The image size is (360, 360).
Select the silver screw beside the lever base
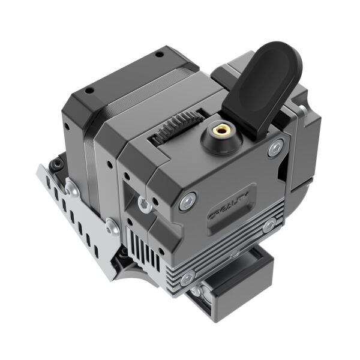tap(275, 147)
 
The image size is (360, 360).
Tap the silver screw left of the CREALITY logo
tap(189, 201)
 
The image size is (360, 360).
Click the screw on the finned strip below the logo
tap(269, 226)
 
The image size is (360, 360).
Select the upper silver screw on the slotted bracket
tap(71, 189)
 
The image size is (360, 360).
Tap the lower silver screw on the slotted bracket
tap(111, 227)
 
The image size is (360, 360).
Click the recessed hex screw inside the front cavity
tap(145, 204)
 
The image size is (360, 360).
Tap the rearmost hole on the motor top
tap(159, 55)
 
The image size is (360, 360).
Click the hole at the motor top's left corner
tap(89, 91)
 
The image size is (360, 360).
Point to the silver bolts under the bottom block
tap(196, 292)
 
